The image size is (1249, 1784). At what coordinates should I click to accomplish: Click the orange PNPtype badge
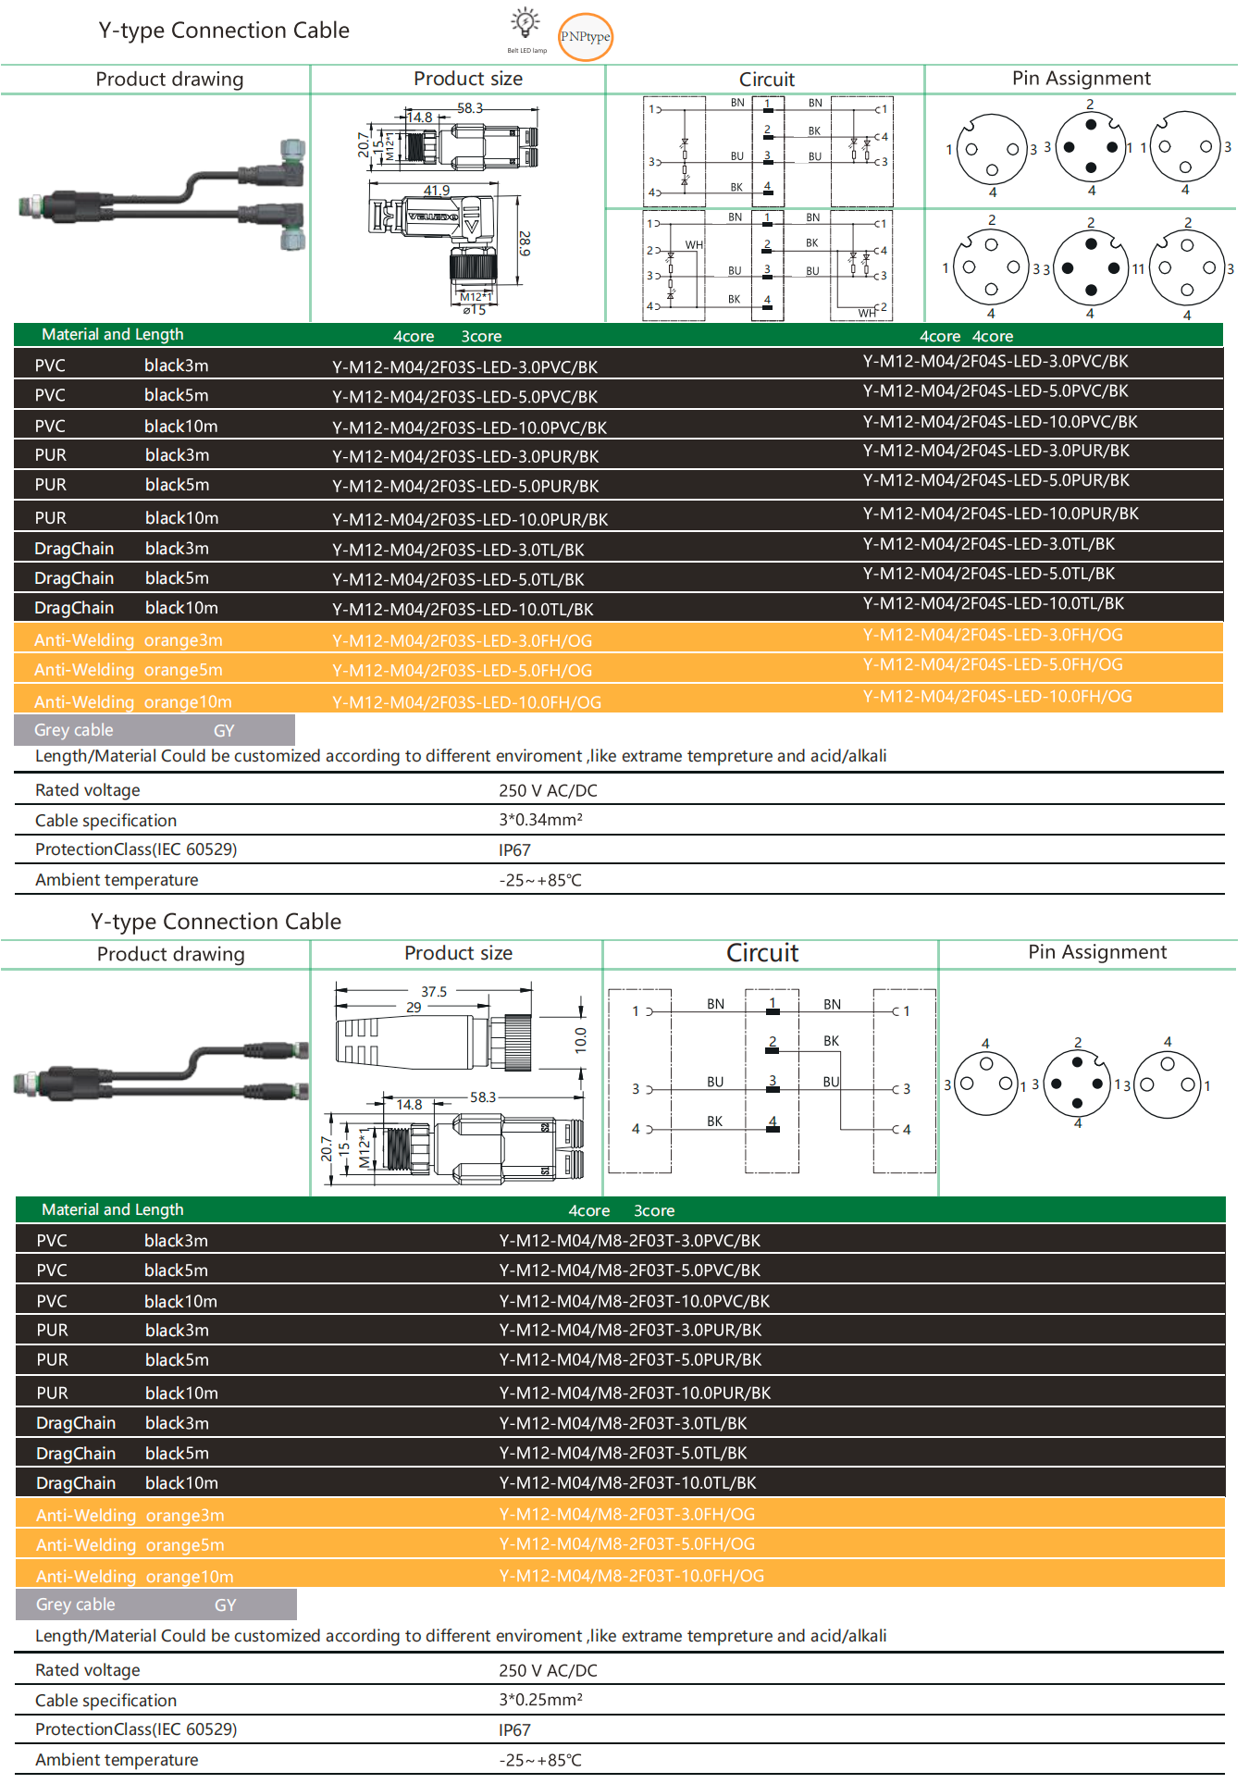pyautogui.click(x=586, y=37)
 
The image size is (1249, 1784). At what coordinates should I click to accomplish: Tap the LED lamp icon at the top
pyautogui.click(x=526, y=22)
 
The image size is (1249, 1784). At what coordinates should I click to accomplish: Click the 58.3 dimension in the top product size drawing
pyautogui.click(x=470, y=108)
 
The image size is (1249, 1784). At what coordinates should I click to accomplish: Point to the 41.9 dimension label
pyautogui.click(x=437, y=191)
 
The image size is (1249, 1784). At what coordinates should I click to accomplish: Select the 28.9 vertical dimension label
pyautogui.click(x=525, y=243)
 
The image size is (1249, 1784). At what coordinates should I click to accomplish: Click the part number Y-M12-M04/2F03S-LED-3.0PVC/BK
pyautogui.click(x=464, y=367)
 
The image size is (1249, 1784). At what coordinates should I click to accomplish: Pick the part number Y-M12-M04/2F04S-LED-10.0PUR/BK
pyautogui.click(x=1000, y=514)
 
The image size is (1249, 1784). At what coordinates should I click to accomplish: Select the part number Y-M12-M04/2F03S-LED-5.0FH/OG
pyautogui.click(x=462, y=671)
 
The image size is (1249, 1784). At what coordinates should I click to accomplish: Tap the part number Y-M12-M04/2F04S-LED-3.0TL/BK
pyautogui.click(x=988, y=544)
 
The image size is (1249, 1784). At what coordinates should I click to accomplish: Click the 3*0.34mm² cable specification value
pyautogui.click(x=540, y=820)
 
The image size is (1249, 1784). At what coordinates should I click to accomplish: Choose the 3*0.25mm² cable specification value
pyautogui.click(x=540, y=1700)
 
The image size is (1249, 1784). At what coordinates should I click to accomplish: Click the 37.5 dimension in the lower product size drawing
pyautogui.click(x=434, y=992)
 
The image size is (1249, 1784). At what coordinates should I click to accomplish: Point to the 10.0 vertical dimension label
pyautogui.click(x=581, y=1040)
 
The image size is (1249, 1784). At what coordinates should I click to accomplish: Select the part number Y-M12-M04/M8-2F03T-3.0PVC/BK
pyautogui.click(x=629, y=1241)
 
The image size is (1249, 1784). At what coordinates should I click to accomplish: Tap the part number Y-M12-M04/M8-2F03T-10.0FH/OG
pyautogui.click(x=631, y=1576)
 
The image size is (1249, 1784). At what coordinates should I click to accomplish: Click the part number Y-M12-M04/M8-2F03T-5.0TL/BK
pyautogui.click(x=623, y=1453)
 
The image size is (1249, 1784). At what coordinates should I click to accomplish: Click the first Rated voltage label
pyautogui.click(x=88, y=790)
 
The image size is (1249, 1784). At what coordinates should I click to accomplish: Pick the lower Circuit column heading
pyautogui.click(x=762, y=953)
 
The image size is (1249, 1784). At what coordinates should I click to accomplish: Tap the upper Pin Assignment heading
pyautogui.click(x=1081, y=79)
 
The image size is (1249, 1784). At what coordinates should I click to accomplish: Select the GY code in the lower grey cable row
pyautogui.click(x=226, y=1605)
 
